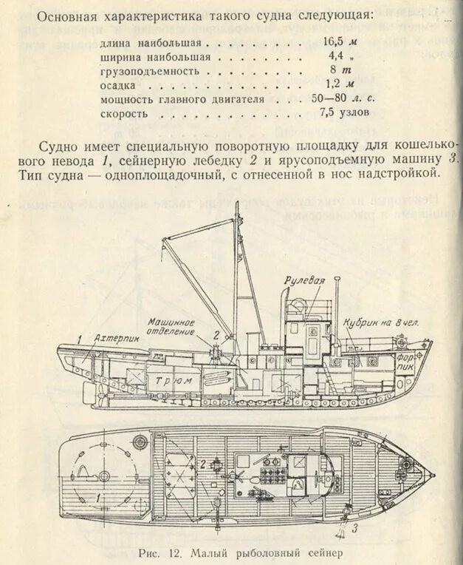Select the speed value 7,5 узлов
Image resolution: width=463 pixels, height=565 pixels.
345,113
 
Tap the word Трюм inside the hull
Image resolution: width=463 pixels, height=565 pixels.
176,379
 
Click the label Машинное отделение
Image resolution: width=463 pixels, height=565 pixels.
172,326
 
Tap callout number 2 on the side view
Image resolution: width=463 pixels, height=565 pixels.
216,334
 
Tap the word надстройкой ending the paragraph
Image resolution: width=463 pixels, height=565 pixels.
402,175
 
